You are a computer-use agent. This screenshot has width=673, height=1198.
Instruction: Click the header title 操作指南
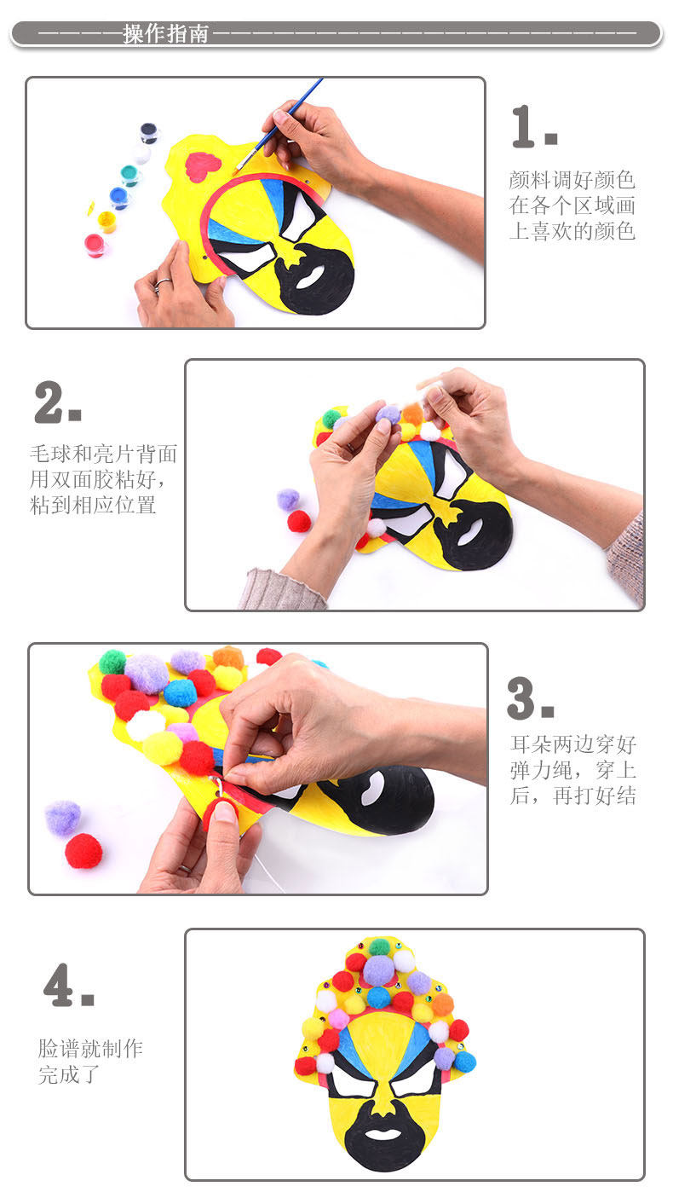point(165,34)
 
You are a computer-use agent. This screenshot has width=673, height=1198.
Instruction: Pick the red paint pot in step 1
point(95,246)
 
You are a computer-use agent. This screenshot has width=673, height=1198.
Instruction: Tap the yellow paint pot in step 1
point(106,222)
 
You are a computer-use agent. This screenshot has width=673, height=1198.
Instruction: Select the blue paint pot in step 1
point(119,198)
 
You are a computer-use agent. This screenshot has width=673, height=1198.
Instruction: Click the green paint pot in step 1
point(129,175)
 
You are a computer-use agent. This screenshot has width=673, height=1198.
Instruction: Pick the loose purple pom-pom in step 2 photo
point(289,500)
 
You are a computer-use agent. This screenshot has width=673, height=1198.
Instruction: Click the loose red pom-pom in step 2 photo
point(299,522)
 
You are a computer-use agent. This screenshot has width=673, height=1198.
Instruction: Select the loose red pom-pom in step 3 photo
point(83,851)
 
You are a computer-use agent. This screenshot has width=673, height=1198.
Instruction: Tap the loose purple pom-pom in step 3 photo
point(63,819)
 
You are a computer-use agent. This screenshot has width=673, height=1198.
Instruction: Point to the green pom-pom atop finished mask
point(379,947)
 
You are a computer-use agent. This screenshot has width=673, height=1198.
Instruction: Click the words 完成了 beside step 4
point(69,1075)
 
